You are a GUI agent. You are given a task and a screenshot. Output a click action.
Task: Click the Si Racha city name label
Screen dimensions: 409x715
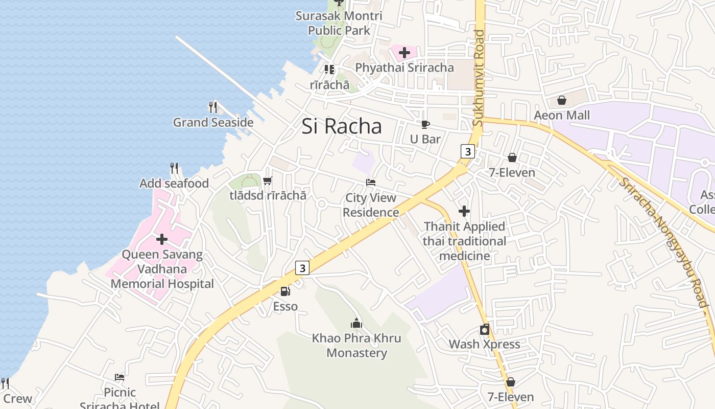click(341, 126)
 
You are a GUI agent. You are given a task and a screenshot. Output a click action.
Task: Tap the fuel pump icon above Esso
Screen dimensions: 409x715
click(285, 291)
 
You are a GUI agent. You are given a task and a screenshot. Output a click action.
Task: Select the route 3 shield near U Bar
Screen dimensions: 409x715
click(467, 151)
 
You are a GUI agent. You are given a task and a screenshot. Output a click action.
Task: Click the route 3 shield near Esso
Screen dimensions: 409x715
click(303, 267)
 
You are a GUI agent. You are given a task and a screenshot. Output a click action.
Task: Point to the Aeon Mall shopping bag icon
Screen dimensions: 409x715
click(562, 100)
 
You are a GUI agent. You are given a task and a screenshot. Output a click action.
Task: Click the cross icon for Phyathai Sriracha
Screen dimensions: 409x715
click(404, 52)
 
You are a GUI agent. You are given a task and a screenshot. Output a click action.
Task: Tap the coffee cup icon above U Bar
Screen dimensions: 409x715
click(425, 124)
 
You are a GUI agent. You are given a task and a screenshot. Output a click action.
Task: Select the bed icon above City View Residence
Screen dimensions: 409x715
click(371, 183)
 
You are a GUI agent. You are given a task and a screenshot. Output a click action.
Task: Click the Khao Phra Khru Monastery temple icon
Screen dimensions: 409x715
click(356, 323)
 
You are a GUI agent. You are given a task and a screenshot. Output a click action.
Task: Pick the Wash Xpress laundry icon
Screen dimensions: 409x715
click(484, 330)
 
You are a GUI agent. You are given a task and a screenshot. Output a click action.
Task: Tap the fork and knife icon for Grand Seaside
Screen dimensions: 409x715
click(213, 107)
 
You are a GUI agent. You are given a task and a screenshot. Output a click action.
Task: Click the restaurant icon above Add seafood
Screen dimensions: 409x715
click(174, 168)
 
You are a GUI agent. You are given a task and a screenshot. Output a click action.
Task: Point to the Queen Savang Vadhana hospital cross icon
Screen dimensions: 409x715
click(162, 239)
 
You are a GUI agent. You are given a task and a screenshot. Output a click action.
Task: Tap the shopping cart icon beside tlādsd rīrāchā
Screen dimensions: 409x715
click(267, 180)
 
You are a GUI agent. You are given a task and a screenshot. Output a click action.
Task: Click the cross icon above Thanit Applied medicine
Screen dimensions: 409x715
click(464, 211)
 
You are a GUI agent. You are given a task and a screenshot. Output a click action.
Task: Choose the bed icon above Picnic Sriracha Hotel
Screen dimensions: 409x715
click(120, 377)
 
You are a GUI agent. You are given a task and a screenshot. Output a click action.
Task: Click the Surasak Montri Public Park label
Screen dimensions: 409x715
click(339, 23)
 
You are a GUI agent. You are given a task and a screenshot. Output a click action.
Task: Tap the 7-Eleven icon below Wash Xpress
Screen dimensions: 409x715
click(511, 382)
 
